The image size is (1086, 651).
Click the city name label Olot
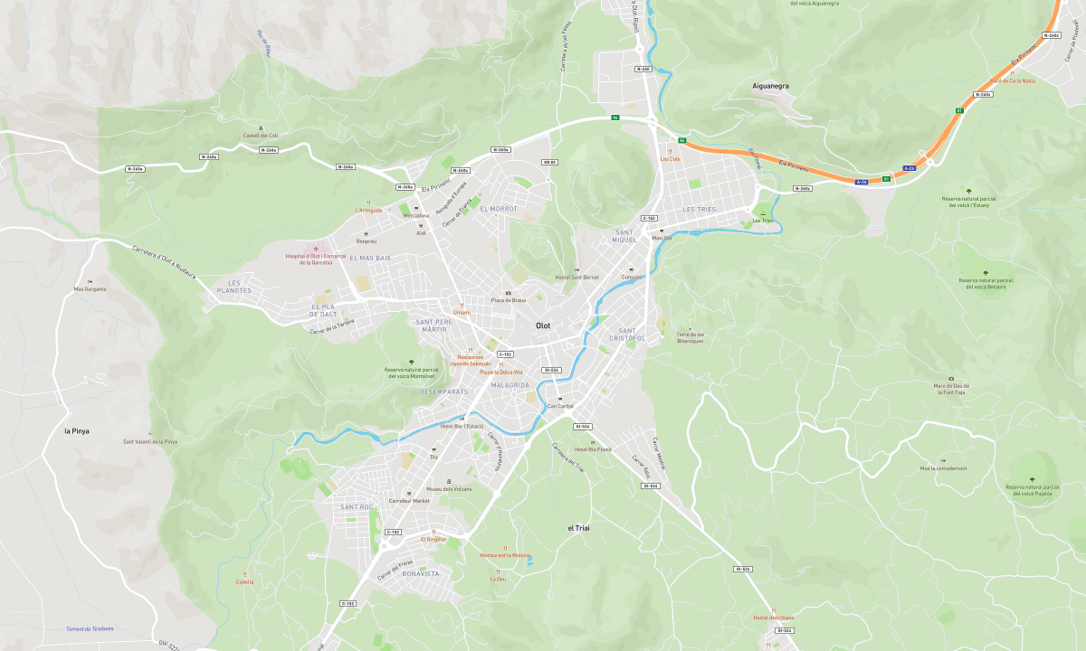[x=543, y=325]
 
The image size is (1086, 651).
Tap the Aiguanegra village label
[x=771, y=86]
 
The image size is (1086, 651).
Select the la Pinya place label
[x=77, y=431]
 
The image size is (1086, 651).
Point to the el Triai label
[x=578, y=527]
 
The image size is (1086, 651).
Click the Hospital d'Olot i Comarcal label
[x=316, y=257]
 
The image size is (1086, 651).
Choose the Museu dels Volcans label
[x=449, y=488]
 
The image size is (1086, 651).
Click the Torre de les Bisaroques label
[x=691, y=337]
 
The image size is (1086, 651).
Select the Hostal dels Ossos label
[x=773, y=618]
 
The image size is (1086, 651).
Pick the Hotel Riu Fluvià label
[x=593, y=448]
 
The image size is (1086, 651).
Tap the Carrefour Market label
[x=409, y=500]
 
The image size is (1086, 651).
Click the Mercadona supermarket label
[x=416, y=215]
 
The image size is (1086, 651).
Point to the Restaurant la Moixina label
[x=505, y=554]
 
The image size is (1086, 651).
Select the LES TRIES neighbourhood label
[x=699, y=209]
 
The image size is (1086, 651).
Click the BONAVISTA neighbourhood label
[x=420, y=573]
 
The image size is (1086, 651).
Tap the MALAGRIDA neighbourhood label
[x=510, y=385]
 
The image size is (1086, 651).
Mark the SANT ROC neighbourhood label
[x=357, y=507]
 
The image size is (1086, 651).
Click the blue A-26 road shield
[x=861, y=182]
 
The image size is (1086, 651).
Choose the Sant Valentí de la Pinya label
[x=150, y=442]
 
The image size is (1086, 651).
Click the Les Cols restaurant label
[x=670, y=158]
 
